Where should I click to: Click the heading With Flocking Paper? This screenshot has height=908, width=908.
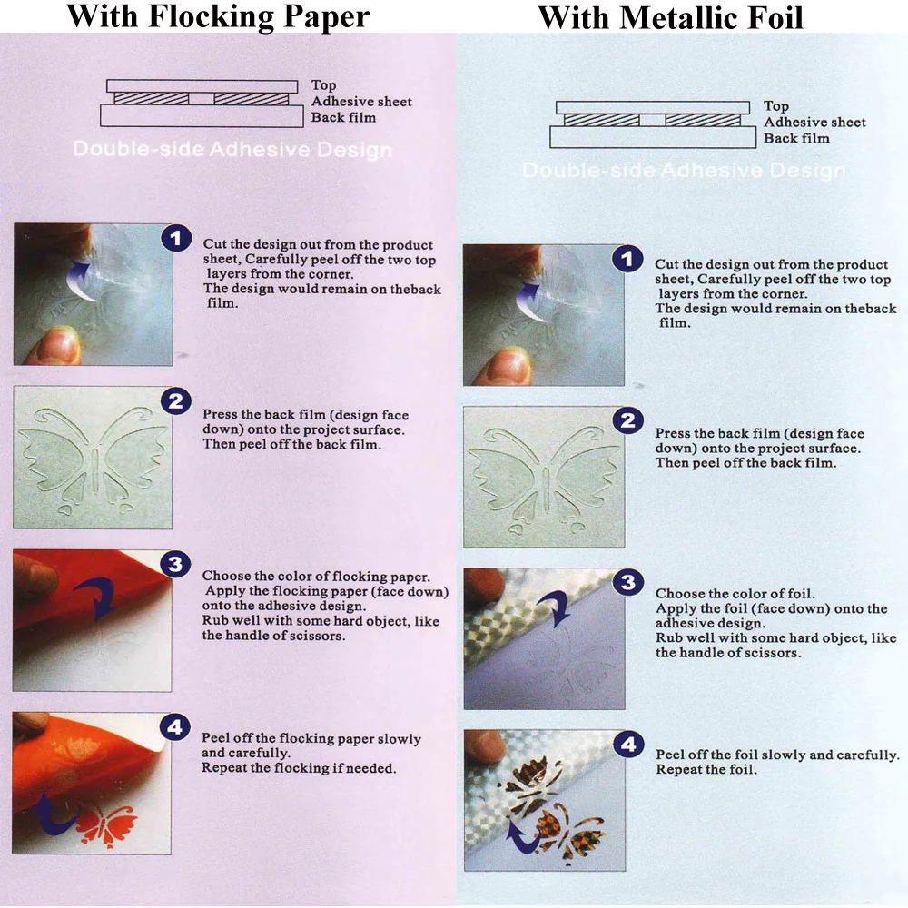tap(218, 16)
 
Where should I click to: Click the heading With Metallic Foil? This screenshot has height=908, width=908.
tap(670, 17)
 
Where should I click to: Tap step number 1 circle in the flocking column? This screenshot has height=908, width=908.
tap(177, 238)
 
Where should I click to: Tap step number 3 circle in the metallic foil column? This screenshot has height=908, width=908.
tap(628, 583)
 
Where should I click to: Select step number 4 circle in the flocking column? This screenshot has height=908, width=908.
tap(175, 727)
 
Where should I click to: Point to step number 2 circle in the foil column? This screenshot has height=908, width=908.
tap(628, 420)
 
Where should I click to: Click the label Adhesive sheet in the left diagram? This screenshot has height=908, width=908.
tap(361, 102)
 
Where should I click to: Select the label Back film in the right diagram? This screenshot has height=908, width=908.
tap(796, 138)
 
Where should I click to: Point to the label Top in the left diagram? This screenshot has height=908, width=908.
tap(323, 85)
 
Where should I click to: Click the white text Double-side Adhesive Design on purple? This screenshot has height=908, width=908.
tap(232, 150)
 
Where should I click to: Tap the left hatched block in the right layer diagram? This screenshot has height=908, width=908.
tap(602, 120)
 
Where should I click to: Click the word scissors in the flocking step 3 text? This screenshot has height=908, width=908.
tap(320, 636)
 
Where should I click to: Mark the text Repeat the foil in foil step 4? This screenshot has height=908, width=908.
tap(706, 770)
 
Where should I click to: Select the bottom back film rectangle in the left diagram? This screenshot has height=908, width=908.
tap(202, 116)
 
